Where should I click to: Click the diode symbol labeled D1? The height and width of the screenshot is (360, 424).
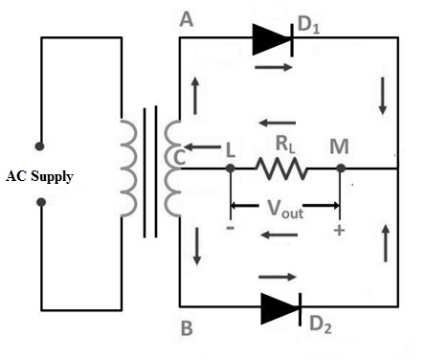tap(271, 38)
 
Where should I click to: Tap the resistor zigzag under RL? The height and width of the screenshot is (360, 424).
tap(280, 169)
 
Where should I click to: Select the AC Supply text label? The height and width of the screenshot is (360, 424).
tap(40, 176)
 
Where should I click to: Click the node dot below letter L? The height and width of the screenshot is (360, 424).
tap(231, 169)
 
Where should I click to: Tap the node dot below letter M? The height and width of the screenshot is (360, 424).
tap(339, 169)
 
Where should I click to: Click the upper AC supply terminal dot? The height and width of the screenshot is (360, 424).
tap(39, 146)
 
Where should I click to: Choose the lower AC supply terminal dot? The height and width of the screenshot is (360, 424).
tap(39, 203)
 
